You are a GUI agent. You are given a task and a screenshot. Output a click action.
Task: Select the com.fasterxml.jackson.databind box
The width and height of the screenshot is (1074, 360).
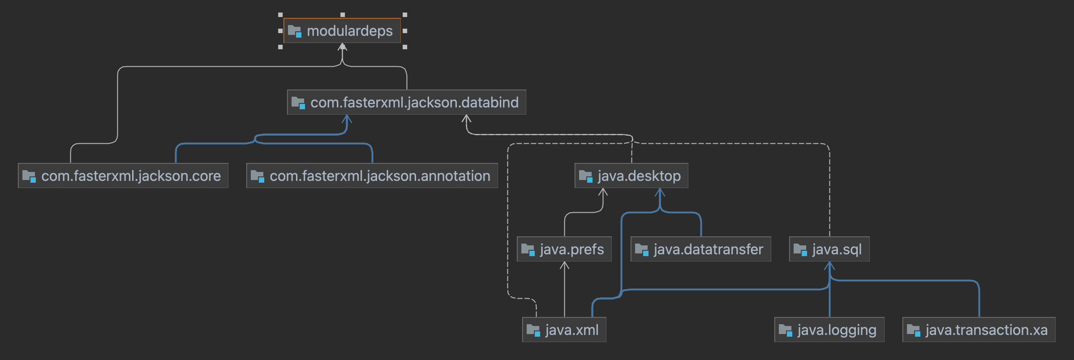(x=406, y=103)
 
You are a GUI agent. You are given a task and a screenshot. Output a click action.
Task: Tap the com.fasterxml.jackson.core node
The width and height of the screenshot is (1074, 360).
(x=123, y=176)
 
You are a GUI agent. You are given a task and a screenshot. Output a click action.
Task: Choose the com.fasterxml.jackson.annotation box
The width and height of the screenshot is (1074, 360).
(x=372, y=176)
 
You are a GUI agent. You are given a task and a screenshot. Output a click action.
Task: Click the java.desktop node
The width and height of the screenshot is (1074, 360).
(x=631, y=176)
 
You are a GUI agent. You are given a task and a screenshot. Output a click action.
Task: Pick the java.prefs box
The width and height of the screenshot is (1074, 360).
(x=564, y=249)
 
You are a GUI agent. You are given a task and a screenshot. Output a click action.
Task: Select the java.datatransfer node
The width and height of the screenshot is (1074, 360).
(x=700, y=249)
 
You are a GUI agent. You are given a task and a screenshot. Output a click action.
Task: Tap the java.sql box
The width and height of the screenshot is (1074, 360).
(x=829, y=249)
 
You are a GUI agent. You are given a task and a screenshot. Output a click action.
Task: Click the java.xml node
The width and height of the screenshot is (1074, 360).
(x=564, y=330)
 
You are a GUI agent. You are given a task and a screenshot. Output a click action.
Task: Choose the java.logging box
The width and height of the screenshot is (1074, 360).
(x=829, y=330)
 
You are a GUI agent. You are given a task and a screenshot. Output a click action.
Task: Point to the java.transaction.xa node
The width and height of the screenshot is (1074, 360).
(x=979, y=330)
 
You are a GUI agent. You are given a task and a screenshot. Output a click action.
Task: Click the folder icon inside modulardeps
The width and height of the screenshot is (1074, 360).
(x=294, y=31)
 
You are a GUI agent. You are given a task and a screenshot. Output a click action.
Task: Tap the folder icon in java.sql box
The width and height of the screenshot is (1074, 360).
(x=800, y=249)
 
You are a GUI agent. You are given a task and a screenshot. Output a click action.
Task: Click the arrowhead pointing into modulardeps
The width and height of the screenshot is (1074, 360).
(x=343, y=47)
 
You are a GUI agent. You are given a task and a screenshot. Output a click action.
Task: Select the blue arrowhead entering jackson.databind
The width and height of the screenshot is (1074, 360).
(x=347, y=119)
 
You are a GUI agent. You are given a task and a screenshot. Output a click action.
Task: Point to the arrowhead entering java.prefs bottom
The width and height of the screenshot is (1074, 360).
(x=564, y=266)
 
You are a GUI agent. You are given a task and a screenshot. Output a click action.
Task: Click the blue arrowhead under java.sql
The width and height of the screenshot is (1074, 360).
(x=829, y=266)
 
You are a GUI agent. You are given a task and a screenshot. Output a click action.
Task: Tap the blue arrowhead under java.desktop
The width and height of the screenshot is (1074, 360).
(x=660, y=193)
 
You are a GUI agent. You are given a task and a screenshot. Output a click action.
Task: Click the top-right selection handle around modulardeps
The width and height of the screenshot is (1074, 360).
(x=405, y=15)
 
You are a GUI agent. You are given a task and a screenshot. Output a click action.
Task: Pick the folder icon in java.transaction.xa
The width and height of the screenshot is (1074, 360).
(x=913, y=330)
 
